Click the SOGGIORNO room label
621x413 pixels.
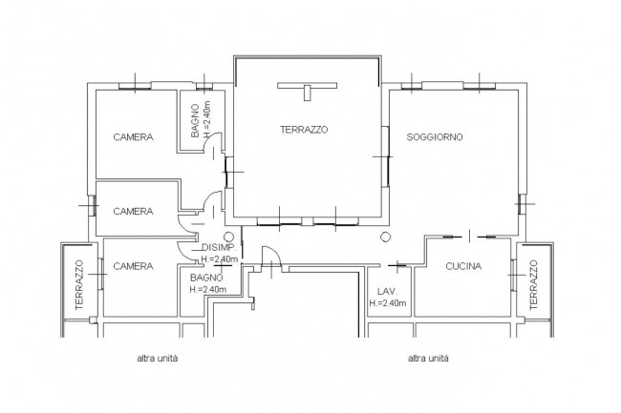435,137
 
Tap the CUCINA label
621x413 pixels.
463,266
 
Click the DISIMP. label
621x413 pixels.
219,248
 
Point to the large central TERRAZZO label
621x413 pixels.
304,130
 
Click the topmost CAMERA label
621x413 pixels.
133,137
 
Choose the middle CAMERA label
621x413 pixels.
133,212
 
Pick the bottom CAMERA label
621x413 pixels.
133,266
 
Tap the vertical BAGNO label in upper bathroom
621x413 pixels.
195,121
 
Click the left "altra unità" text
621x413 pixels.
158,359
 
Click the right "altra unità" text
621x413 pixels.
428,359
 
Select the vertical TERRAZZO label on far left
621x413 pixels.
79,284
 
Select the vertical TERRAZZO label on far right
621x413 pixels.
533,284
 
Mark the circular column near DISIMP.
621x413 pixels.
229,237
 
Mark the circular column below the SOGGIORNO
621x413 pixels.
386,237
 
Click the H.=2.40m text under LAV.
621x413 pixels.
388,303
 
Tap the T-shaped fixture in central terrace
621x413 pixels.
308,89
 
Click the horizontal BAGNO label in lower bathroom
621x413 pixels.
206,278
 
